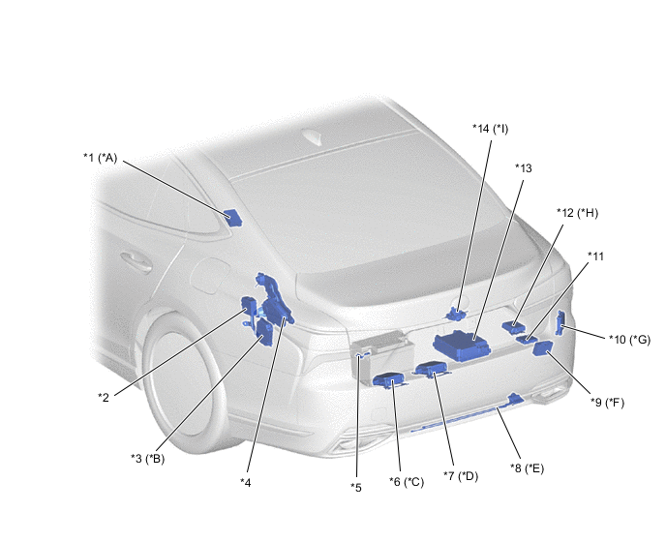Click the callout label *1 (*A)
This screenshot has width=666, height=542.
tap(100, 158)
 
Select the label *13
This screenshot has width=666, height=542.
tap(524, 168)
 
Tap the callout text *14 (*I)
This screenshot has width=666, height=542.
tap(490, 129)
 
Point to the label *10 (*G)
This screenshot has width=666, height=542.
tap(629, 340)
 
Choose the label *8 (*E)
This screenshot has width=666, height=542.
tap(527, 468)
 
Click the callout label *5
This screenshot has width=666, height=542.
tap(356, 488)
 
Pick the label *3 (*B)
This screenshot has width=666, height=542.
tap(147, 459)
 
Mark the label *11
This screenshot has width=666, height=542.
tap(595, 256)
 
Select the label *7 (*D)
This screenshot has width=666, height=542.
tap(461, 476)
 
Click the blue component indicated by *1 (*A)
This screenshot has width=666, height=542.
tap(232, 218)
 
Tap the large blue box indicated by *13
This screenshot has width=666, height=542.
tap(462, 346)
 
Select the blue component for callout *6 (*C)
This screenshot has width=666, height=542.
tap(388, 379)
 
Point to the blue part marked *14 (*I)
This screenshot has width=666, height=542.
tap(455, 315)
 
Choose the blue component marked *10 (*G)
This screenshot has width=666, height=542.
tap(560, 323)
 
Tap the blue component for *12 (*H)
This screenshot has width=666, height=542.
tap(513, 326)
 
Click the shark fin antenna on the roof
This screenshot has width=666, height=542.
tap(315, 138)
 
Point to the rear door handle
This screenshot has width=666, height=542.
tap(136, 262)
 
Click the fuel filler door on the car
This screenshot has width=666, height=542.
tap(210, 276)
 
